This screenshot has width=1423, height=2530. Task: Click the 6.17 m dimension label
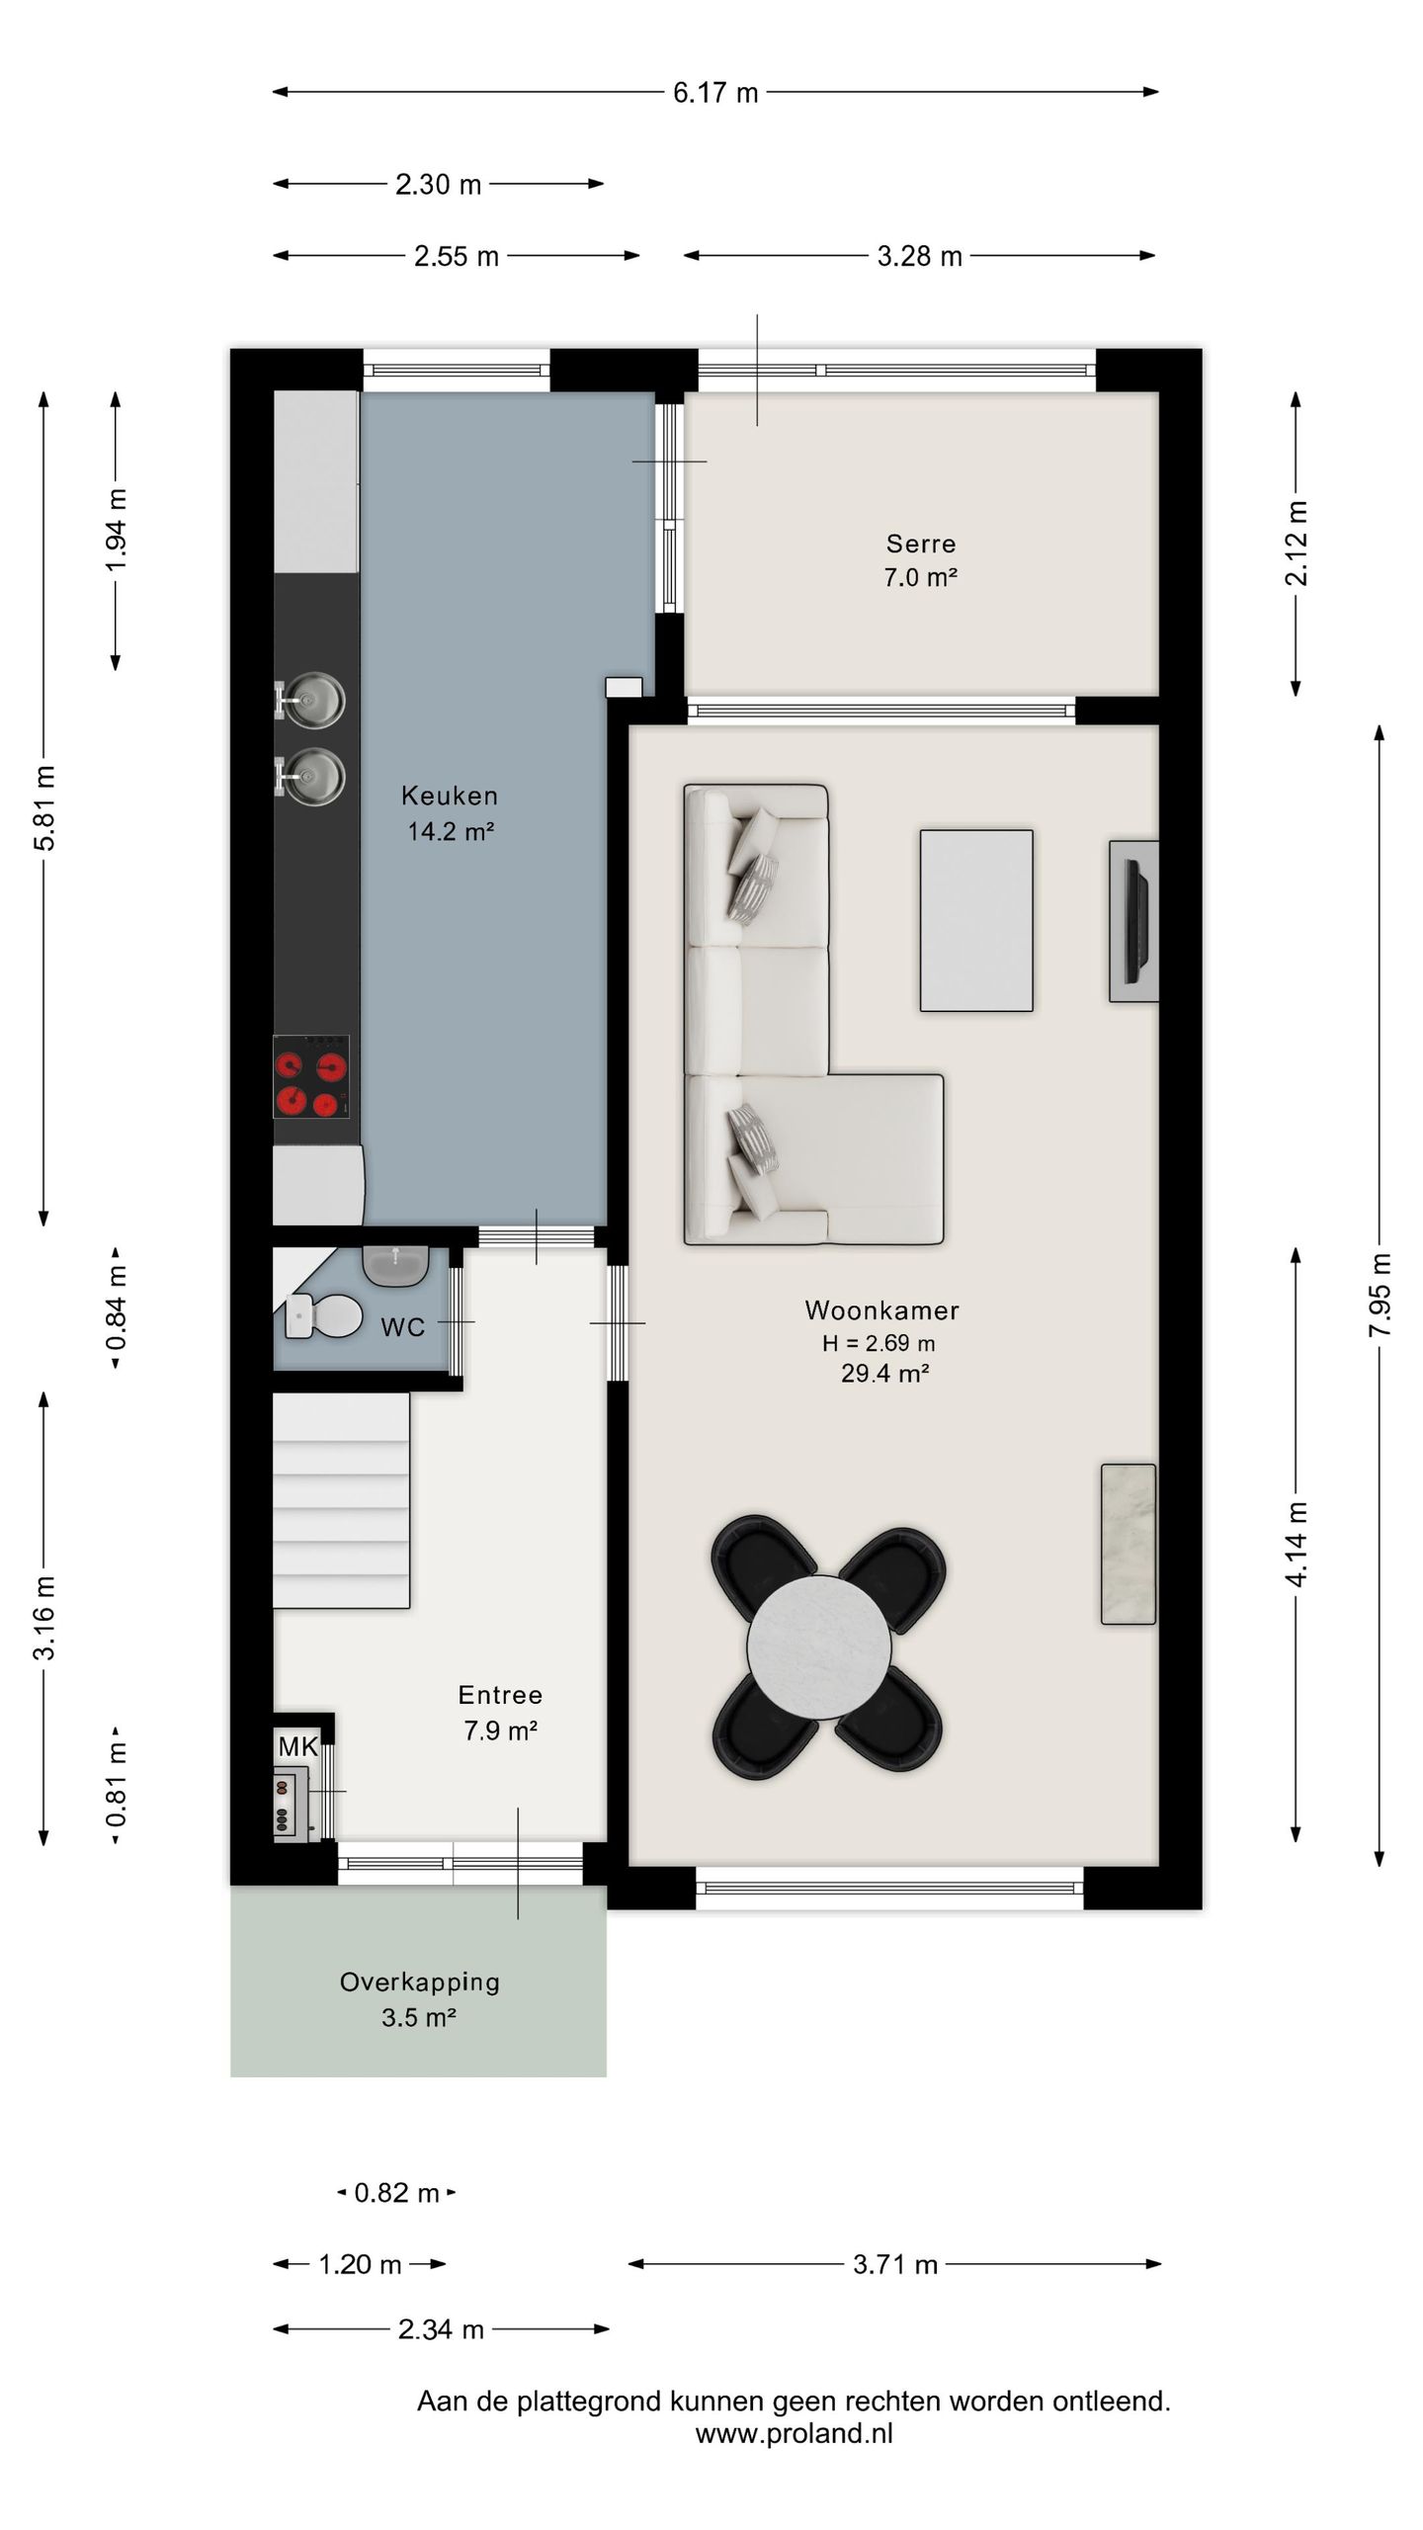(714, 93)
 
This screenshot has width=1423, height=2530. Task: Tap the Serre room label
(920, 544)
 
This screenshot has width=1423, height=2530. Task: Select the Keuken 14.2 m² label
(450, 812)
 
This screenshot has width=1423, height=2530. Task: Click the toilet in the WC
(326, 1315)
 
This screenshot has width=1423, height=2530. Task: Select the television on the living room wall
(1135, 921)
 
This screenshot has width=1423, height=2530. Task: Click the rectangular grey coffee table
(976, 920)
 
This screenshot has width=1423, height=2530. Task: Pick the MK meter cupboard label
(297, 1746)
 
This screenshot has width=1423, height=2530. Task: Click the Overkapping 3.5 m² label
(419, 1998)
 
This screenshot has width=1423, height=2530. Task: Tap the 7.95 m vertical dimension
(1380, 1295)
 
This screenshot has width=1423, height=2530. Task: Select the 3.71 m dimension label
(894, 2264)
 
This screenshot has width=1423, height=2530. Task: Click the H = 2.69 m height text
(879, 1343)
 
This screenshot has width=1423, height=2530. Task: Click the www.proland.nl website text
(794, 2434)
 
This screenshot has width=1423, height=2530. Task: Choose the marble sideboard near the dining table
(1129, 1544)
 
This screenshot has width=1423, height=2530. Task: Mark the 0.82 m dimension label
(396, 2193)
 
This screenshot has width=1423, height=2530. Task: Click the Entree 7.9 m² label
(500, 1713)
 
